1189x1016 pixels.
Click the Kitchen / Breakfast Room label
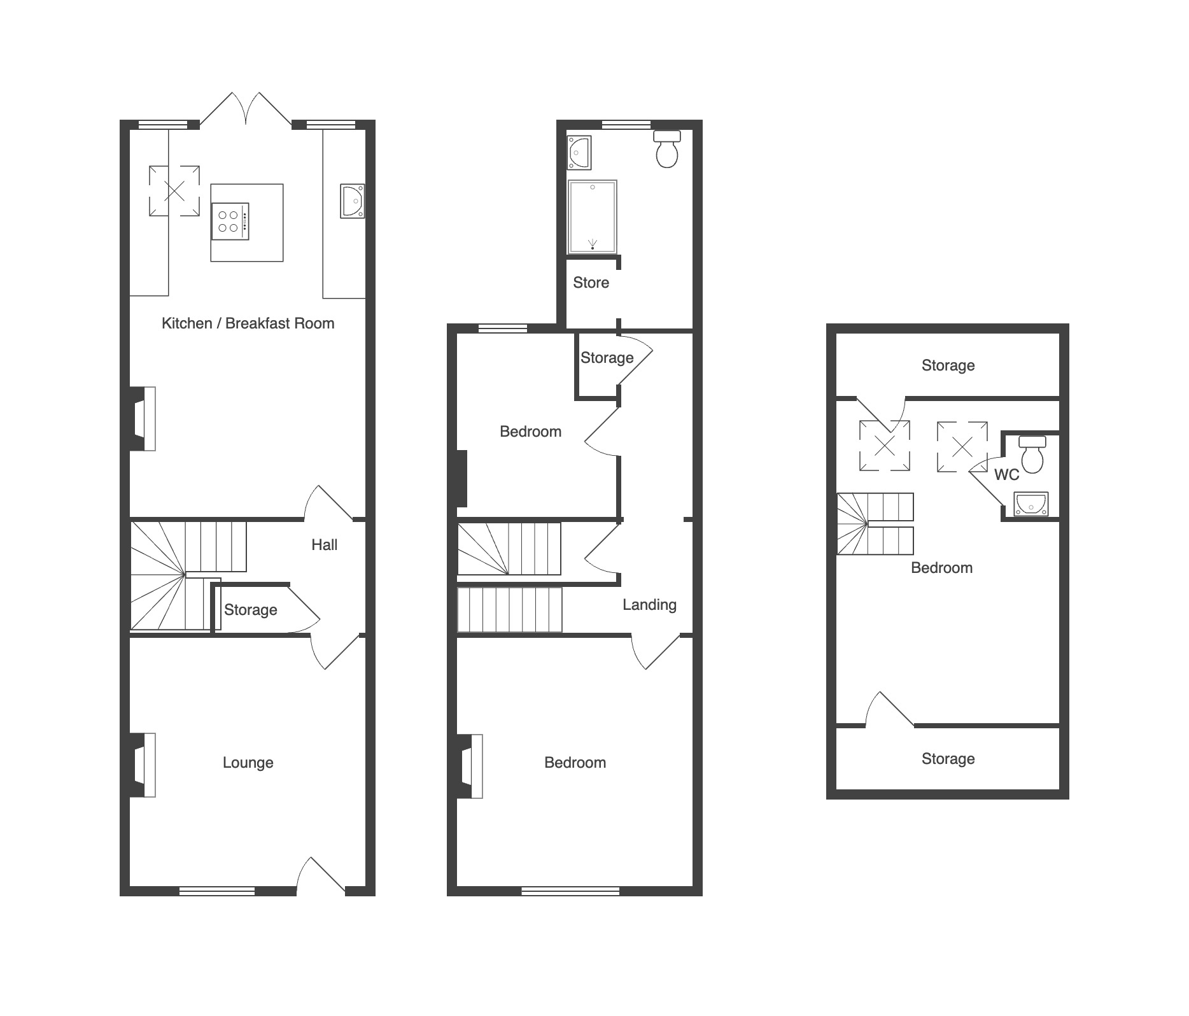click(x=248, y=323)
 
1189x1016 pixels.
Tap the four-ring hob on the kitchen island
click(x=230, y=222)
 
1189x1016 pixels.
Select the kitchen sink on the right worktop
click(x=352, y=201)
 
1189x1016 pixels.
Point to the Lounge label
click(x=248, y=763)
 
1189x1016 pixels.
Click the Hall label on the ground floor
click(x=324, y=545)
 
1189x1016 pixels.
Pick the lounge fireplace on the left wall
click(x=143, y=765)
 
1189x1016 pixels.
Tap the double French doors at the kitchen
click(x=246, y=109)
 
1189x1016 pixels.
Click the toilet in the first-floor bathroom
click(x=667, y=149)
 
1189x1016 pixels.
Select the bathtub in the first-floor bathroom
click(x=593, y=216)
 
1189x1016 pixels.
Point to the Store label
click(x=591, y=283)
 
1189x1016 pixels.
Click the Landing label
click(x=649, y=605)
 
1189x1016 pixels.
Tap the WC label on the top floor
click(x=1006, y=475)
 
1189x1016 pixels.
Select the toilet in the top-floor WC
click(x=1032, y=454)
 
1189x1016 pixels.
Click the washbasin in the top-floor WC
click(x=1031, y=504)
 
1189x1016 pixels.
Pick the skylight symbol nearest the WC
click(x=962, y=447)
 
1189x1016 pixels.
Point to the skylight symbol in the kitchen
click(x=174, y=191)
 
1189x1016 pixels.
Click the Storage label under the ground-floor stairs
click(x=250, y=610)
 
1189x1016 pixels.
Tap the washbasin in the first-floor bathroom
click(x=579, y=153)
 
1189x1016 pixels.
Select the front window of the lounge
click(x=217, y=891)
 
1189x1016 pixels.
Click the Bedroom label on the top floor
click(x=941, y=568)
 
